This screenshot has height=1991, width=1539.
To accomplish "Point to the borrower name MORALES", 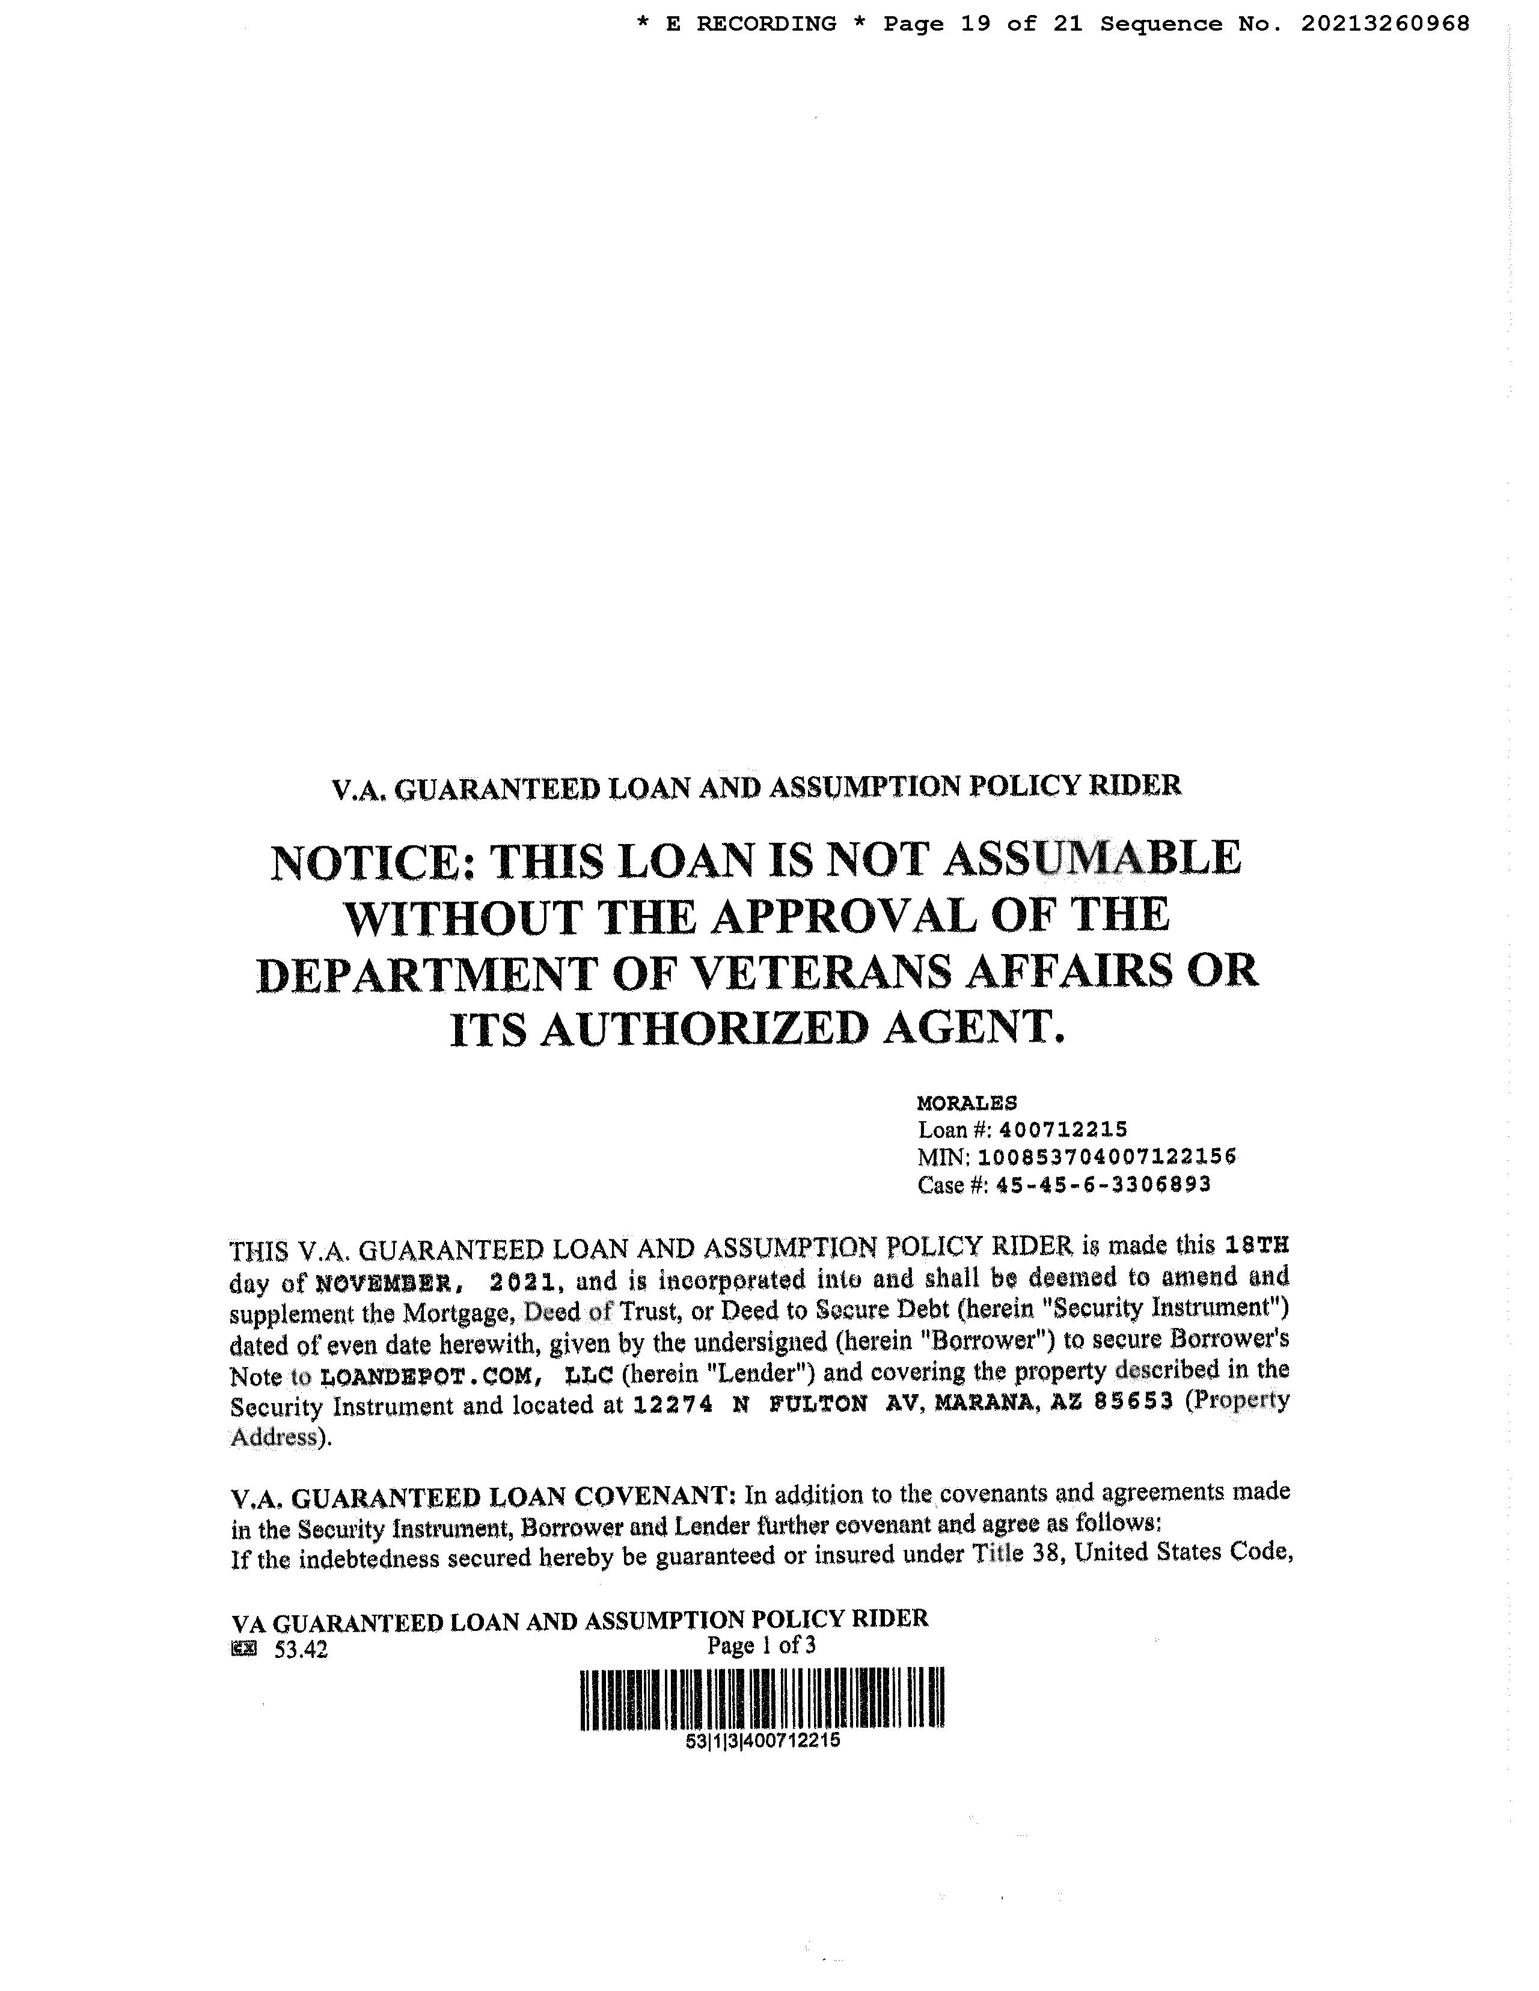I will click(x=967, y=1103).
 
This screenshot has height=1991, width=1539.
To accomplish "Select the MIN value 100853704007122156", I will click(x=1107, y=1158).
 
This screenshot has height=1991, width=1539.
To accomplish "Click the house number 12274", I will click(x=672, y=1405).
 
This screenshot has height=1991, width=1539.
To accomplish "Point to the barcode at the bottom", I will click(x=762, y=1698).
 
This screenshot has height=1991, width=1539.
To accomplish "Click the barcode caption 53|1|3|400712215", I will click(x=762, y=1740).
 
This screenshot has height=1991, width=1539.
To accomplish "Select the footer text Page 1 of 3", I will click(x=761, y=1645).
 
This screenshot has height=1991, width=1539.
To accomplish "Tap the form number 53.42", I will click(x=301, y=1649).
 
